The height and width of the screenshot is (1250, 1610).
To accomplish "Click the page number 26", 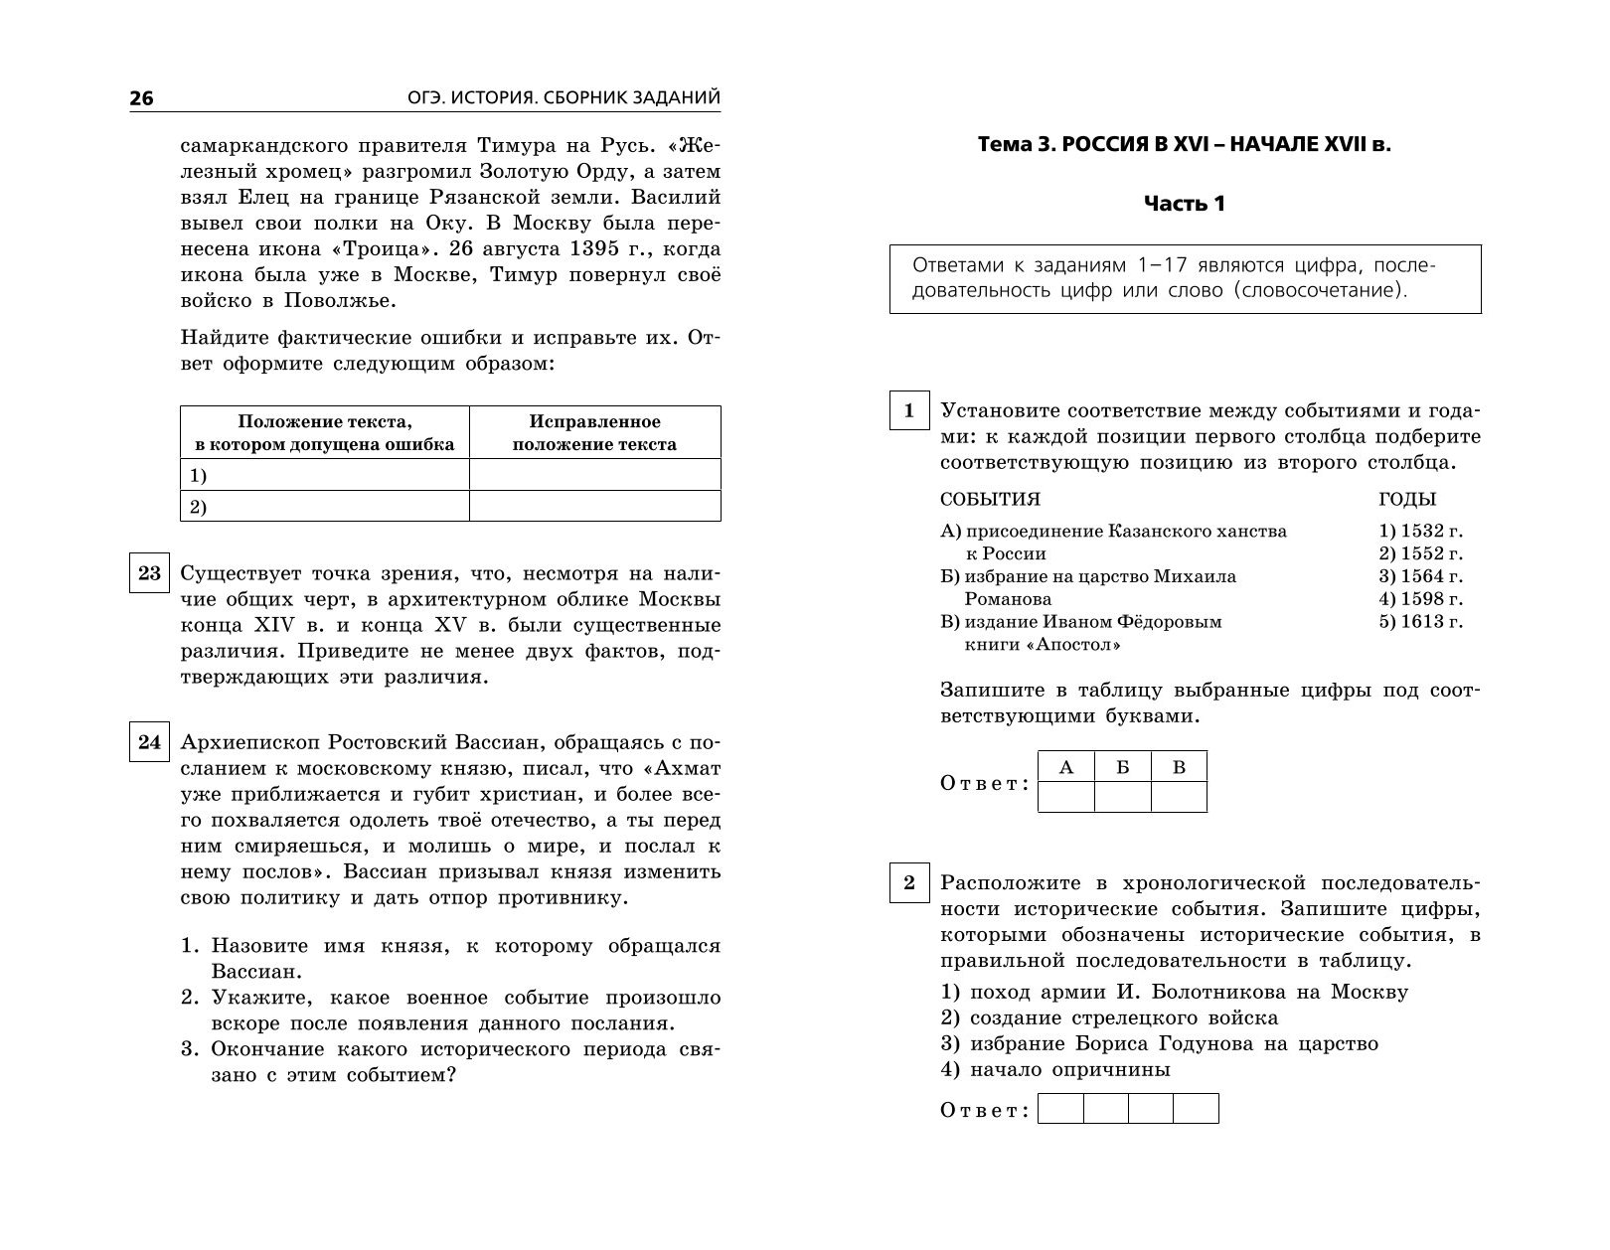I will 141,98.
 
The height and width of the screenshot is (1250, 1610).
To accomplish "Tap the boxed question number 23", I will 149,574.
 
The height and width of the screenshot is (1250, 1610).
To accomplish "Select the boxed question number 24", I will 149,742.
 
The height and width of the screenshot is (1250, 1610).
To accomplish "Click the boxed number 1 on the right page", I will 909,410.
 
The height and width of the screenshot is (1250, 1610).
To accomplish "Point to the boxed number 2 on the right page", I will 909,882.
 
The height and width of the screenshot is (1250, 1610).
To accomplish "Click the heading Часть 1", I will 1185,204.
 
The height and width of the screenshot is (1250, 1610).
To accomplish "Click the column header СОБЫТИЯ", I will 990,500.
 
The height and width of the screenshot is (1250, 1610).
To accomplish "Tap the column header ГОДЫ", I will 1407,500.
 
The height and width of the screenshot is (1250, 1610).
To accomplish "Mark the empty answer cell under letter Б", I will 1123,797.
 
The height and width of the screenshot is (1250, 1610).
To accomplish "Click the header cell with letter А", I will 1066,766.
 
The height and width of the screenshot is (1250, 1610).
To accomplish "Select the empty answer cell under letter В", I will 1180,797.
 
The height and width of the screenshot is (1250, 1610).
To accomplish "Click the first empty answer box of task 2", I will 1060,1109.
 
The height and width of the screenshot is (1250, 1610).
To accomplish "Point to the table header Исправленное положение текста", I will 594,433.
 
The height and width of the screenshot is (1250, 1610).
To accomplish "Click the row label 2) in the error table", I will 198,507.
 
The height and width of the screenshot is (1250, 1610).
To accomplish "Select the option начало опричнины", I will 1054,1070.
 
